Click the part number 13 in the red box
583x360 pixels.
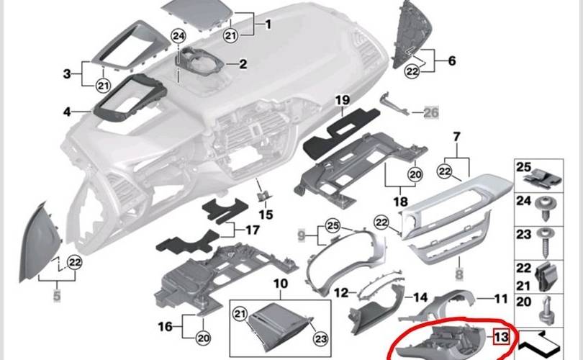501,337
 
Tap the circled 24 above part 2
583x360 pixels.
178,36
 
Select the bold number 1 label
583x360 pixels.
268,24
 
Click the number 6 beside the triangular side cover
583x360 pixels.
452,60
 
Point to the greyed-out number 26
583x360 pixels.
431,112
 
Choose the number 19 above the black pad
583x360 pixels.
343,100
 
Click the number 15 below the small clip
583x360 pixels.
266,215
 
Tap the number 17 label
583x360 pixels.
253,230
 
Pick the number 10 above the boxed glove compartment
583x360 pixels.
281,284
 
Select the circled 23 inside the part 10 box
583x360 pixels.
320,339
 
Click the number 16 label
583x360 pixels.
165,327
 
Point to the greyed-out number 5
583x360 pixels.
57,296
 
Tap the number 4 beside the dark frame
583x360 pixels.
67,111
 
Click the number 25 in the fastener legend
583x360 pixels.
523,167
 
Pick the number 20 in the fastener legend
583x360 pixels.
523,301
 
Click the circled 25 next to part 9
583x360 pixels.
333,226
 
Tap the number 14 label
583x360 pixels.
420,297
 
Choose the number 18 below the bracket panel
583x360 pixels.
400,202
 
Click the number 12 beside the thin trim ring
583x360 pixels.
341,293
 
